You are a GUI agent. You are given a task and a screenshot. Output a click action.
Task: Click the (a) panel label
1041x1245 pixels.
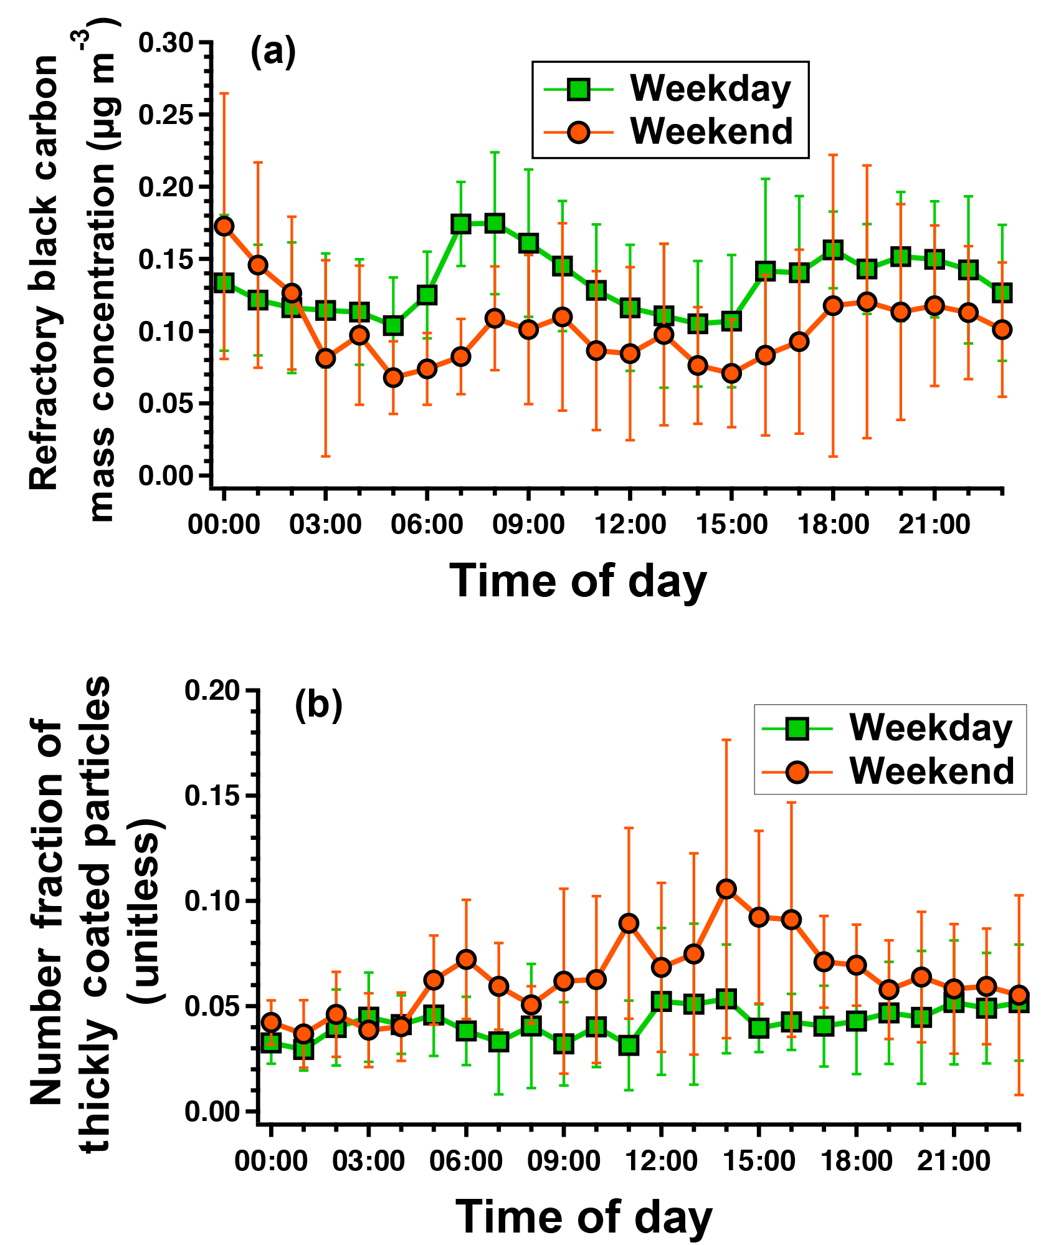pos(273,53)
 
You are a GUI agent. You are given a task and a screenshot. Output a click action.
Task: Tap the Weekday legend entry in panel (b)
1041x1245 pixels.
pos(888,728)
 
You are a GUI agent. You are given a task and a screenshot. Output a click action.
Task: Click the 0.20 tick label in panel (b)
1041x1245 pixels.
pos(212,692)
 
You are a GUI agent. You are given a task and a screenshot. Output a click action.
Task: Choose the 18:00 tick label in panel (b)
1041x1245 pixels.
pos(856,1161)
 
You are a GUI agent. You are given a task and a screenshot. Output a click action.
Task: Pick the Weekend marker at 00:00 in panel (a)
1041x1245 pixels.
pos(224,226)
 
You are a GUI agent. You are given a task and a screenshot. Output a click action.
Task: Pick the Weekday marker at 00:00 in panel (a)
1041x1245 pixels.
pos(224,283)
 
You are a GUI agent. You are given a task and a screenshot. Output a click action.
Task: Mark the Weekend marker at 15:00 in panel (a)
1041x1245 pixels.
pos(731,374)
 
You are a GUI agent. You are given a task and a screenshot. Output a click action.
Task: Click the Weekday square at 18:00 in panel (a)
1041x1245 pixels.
pos(833,250)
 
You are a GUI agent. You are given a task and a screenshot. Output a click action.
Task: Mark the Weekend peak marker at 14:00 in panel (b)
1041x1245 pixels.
pos(726,889)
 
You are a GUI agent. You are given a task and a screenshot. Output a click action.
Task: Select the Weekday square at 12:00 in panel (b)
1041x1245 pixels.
pos(661,1002)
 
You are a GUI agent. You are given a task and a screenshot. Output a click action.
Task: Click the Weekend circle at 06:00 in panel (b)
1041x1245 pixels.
pos(466,959)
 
